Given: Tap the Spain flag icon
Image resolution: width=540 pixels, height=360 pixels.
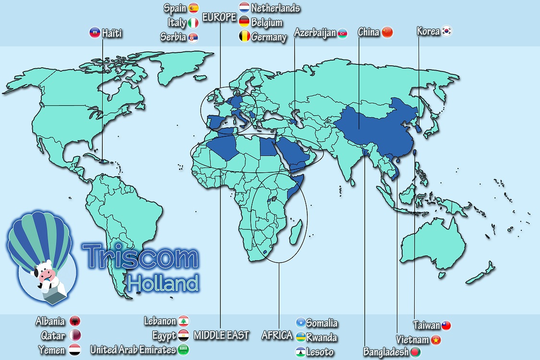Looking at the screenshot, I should click(x=193, y=8).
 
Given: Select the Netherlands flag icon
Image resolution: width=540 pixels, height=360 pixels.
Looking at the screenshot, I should click(x=244, y=8).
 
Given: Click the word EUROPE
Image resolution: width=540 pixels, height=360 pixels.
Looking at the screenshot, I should click(x=219, y=18).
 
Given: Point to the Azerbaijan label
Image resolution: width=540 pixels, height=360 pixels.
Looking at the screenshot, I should click(x=315, y=33).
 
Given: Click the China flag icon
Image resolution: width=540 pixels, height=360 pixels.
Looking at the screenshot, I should click(x=387, y=32).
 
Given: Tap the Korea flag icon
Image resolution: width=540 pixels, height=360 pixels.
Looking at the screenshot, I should click(x=447, y=32).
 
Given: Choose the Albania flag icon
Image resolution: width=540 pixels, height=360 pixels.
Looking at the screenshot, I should click(x=75, y=321).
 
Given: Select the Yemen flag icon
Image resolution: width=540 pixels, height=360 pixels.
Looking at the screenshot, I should click(x=75, y=349).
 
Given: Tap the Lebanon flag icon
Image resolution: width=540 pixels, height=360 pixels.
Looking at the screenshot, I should click(x=183, y=321).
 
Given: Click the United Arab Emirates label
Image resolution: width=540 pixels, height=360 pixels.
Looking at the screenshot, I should click(x=133, y=349).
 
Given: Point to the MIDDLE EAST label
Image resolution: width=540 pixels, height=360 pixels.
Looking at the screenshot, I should click(x=221, y=335).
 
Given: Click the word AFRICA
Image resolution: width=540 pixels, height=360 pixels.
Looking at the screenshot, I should click(x=276, y=335).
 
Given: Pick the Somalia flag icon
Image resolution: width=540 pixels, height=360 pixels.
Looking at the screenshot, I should click(x=300, y=323).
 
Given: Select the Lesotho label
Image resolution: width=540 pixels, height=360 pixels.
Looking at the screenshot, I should click(x=320, y=352).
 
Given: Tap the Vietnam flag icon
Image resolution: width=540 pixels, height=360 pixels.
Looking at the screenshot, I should click(x=436, y=340).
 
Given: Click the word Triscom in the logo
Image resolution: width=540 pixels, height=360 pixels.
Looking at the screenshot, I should click(x=140, y=257).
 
